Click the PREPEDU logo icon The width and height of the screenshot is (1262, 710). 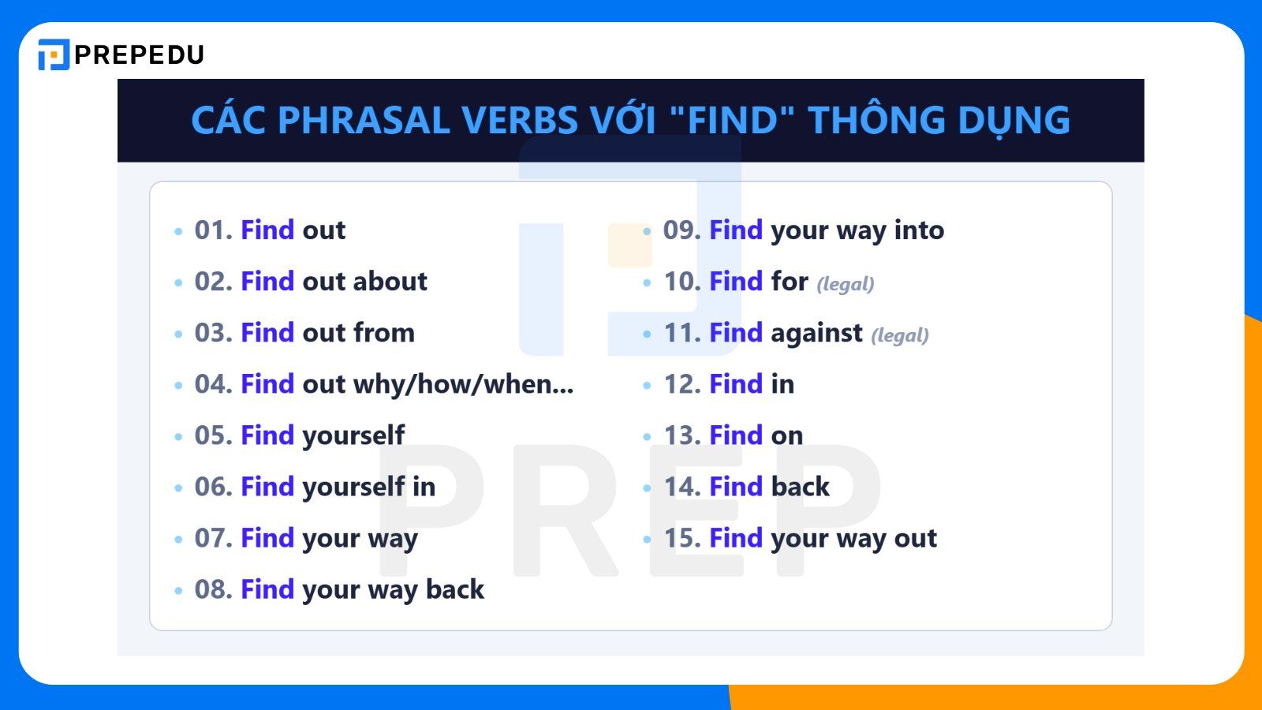pos(54,54)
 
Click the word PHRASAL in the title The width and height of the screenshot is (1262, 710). pos(364,121)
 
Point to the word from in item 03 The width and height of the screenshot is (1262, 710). pos(383,333)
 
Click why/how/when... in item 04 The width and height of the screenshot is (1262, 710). pos(463,384)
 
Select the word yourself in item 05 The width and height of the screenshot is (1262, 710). pos(353,435)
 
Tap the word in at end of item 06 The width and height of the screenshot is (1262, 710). pos(424,487)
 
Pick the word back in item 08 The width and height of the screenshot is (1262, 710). pos(454,589)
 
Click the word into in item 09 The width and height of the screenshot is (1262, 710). pos(919,230)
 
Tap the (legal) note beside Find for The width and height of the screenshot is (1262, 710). pos(845,284)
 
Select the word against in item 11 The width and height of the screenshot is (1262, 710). pos(816,333)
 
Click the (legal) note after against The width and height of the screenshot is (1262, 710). pos(899,335)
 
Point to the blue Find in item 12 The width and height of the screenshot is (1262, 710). pos(735,384)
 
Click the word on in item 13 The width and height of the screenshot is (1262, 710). pos(786,435)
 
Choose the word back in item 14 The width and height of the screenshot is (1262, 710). pos(800,487)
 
